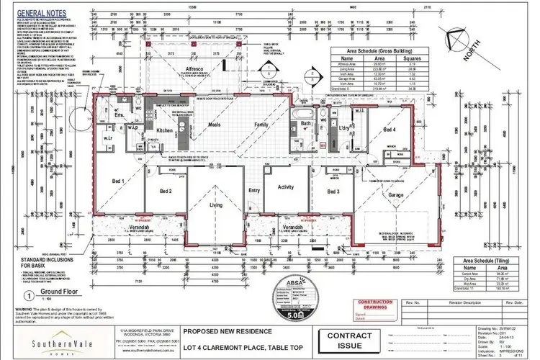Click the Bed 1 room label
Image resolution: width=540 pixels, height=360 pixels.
(x=118, y=181)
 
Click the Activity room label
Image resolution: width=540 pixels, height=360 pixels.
(x=287, y=187)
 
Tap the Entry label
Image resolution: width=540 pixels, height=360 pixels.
(x=253, y=191)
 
